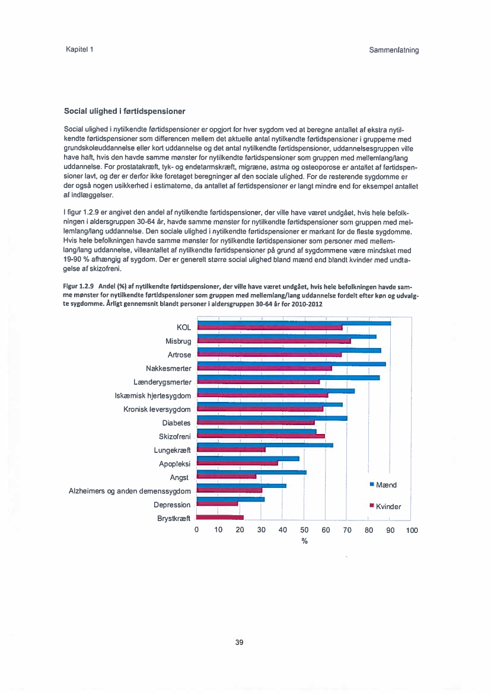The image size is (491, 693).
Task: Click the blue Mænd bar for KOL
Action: [294, 323]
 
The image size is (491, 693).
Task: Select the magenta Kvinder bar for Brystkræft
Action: [220, 518]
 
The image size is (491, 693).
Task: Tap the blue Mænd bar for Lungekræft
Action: [264, 445]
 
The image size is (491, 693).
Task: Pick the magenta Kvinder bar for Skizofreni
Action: [260, 436]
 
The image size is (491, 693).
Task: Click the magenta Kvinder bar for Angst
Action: [226, 477]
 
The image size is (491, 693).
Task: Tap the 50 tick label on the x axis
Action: [304, 530]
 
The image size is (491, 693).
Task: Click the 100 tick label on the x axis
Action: [412, 530]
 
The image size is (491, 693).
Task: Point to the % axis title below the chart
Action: [304, 541]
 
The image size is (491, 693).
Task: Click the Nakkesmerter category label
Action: [168, 368]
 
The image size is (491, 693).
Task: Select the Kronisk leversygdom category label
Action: [157, 409]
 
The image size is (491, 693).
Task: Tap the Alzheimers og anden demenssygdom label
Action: [130, 491]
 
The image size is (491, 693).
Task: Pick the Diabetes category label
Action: [177, 423]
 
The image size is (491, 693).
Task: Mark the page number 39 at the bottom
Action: [240, 642]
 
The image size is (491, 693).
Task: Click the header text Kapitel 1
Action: [79, 49]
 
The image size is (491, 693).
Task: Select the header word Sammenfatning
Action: [394, 50]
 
